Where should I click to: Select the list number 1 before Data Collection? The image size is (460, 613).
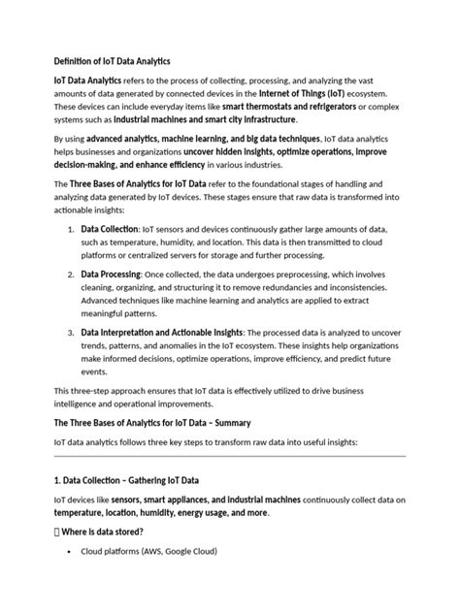pos(71,229)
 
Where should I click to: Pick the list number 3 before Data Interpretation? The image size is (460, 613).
pos(71,334)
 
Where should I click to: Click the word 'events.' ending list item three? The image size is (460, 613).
pos(94,371)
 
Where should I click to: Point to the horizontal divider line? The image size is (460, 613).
pos(229,455)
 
